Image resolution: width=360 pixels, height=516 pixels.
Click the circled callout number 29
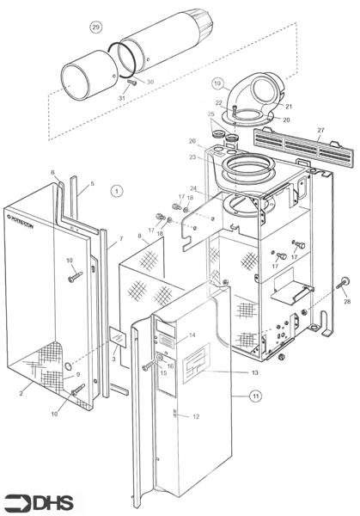[96, 27]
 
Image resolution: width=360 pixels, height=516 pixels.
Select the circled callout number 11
[254, 396]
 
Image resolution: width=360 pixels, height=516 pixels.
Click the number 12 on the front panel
[196, 415]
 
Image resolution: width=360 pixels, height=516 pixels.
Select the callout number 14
[192, 334]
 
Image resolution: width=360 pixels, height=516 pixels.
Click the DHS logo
[28, 501]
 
